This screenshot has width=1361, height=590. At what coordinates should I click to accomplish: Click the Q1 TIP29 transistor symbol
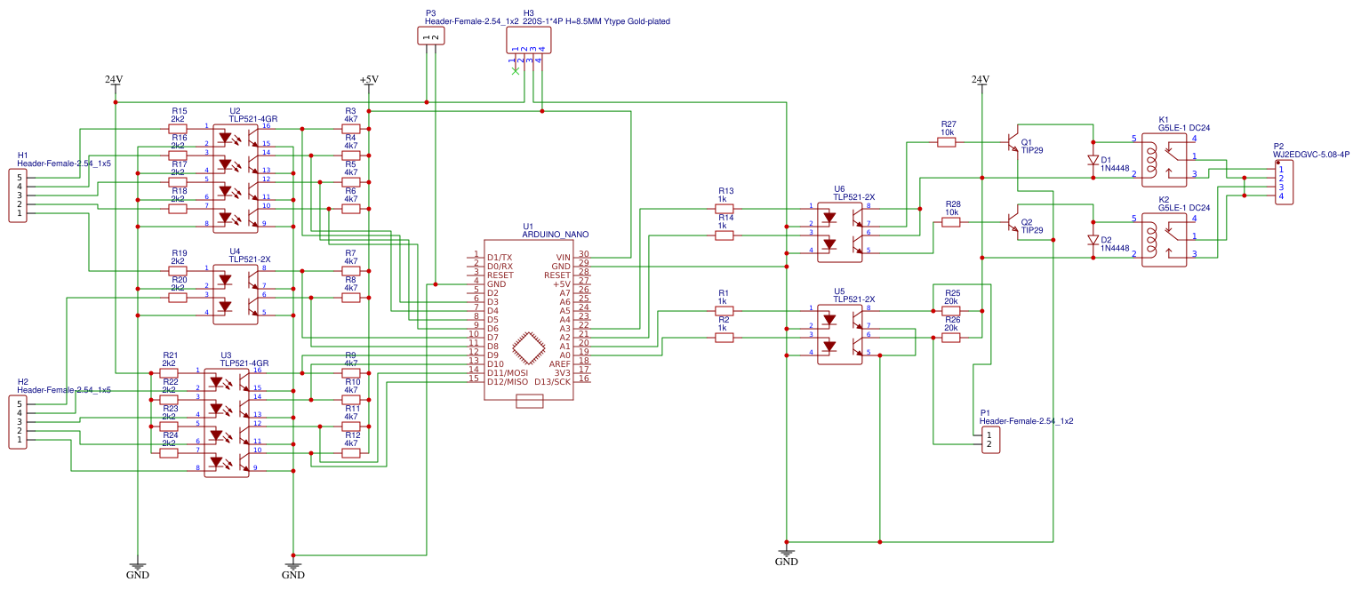[1013, 142]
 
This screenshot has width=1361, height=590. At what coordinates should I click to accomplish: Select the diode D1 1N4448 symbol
[1093, 161]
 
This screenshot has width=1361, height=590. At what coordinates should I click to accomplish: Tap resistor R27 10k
[947, 141]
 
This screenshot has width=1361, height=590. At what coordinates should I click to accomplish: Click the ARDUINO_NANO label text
[555, 235]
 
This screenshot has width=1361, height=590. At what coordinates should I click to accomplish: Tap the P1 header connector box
[989, 440]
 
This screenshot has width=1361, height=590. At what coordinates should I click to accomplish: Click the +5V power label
[369, 80]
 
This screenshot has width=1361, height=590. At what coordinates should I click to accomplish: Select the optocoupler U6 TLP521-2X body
[840, 229]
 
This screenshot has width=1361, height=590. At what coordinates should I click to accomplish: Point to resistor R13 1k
[725, 209]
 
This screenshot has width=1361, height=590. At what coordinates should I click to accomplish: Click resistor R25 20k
[951, 311]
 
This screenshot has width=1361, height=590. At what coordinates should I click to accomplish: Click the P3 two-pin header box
[430, 36]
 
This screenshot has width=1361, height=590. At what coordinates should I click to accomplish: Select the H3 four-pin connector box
[528, 40]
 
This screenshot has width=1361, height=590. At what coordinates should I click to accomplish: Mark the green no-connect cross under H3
[515, 70]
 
